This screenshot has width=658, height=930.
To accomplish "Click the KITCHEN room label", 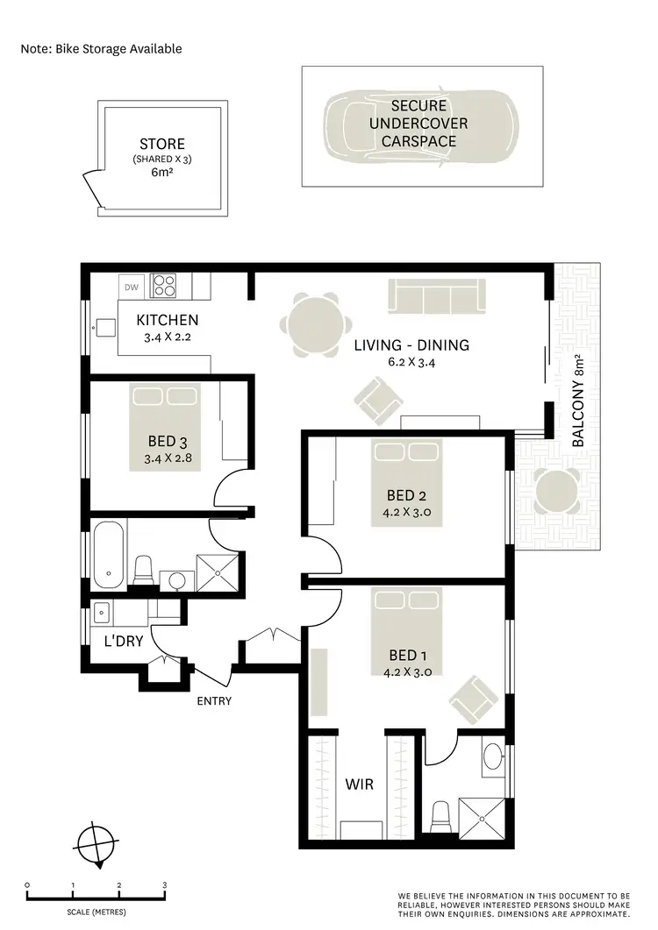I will [x=167, y=320].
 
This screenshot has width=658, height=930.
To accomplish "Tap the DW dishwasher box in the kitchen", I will [x=132, y=287].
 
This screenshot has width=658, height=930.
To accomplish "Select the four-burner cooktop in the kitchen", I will [x=163, y=286].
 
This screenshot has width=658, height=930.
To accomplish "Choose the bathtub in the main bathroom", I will [x=109, y=554].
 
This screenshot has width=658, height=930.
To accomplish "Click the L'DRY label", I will [x=124, y=641].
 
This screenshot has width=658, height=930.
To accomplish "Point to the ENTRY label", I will [x=214, y=701].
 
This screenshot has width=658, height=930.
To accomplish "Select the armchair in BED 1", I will [x=472, y=699].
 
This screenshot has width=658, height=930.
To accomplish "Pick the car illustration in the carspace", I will [x=421, y=127].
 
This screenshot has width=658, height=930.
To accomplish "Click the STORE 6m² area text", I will [x=162, y=174].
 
